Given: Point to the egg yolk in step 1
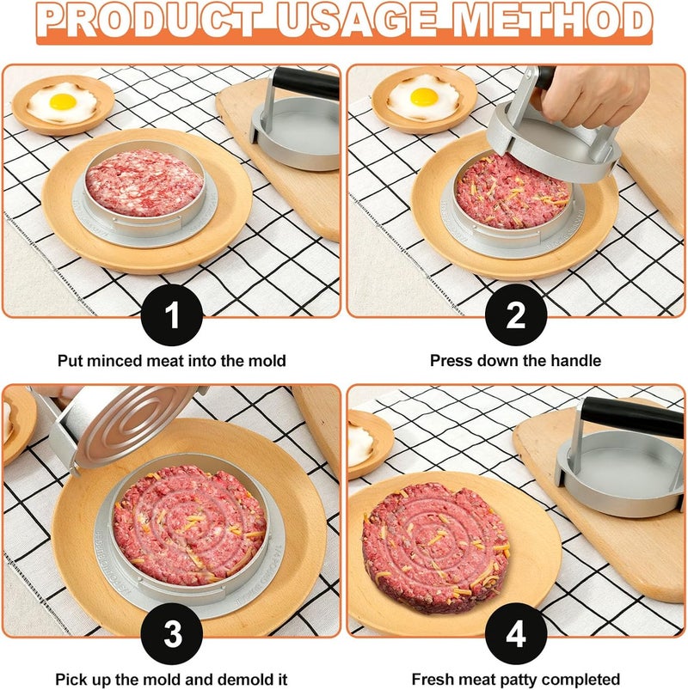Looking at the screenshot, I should pos(62,101).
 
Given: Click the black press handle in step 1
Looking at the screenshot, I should pos(306,82).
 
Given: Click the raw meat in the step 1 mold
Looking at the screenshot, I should pos(144,182).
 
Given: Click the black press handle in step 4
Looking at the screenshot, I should pos(632,418).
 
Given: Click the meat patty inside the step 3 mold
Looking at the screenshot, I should pos(189,523).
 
